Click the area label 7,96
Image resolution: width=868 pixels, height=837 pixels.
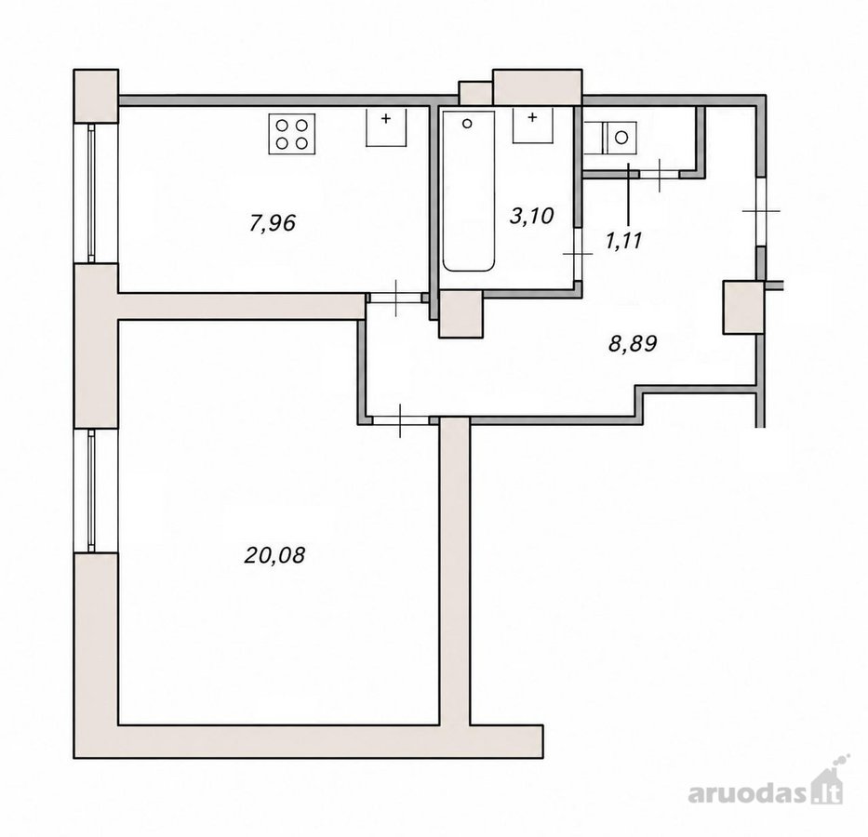(273, 223)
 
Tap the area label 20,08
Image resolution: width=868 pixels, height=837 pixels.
(274, 555)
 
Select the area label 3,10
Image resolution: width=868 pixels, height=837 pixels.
(531, 215)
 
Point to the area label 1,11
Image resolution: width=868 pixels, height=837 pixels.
(624, 241)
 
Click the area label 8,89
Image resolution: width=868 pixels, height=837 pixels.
(633, 343)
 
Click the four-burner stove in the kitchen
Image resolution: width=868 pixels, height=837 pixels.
(292, 134)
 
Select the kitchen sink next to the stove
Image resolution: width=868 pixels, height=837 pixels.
(386, 127)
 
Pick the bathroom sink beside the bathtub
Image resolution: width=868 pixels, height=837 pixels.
(532, 126)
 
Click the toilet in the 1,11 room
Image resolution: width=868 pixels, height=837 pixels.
(619, 139)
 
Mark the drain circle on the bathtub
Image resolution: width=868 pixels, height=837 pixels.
(467, 124)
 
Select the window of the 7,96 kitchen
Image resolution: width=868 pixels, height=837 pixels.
(91, 193)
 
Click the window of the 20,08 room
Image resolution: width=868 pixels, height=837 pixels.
(91, 491)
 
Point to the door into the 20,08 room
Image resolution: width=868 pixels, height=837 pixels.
(401, 420)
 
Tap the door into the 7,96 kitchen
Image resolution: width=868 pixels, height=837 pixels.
(396, 298)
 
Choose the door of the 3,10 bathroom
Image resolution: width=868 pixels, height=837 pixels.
(578, 254)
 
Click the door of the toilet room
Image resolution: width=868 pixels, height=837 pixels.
(660, 174)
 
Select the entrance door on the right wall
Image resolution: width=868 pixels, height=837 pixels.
(761, 211)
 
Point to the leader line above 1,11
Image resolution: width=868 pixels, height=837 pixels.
(628, 193)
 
